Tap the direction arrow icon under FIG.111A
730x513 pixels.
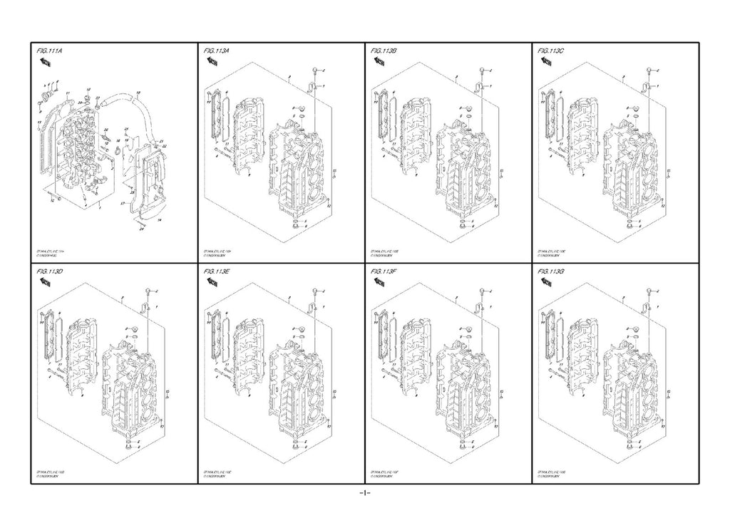click(x=43, y=63)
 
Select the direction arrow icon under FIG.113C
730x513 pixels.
click(x=547, y=63)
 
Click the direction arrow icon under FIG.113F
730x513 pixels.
click(x=379, y=283)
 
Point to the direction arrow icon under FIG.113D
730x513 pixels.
click(x=43, y=283)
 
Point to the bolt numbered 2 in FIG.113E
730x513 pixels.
click(x=314, y=293)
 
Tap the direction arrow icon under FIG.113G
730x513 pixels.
click(x=547, y=283)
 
